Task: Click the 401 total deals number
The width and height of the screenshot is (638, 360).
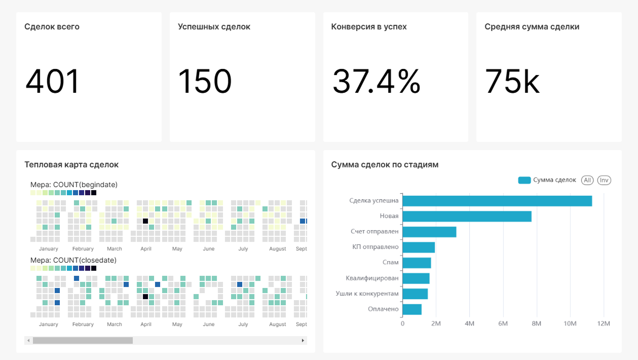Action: point(52,81)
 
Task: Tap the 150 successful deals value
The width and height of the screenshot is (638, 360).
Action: point(205,81)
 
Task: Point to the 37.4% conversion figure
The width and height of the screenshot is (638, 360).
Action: point(376,81)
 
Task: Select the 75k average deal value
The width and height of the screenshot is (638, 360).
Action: point(512,81)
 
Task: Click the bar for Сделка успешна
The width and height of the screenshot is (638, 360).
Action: point(497,201)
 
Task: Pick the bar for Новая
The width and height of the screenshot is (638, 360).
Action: point(467,217)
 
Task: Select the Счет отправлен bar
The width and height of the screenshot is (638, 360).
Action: point(429,232)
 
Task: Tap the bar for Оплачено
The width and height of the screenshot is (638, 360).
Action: point(412,309)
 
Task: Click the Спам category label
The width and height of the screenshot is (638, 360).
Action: point(390,262)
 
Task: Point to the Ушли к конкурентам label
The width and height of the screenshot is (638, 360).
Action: point(367,293)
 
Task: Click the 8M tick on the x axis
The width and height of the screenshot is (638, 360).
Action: point(536,323)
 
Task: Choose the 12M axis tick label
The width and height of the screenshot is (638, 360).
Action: point(604,323)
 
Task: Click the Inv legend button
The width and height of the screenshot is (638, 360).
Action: point(604,180)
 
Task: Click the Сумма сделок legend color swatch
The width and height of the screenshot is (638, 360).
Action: point(524,180)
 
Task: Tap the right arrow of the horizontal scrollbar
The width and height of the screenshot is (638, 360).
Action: point(303,340)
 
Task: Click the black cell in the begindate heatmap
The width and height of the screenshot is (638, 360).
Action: point(145,221)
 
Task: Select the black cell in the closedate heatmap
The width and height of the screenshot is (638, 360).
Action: point(145,297)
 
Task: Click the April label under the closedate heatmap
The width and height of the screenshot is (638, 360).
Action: point(146,324)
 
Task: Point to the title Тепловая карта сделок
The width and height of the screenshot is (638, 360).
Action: point(71,164)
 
